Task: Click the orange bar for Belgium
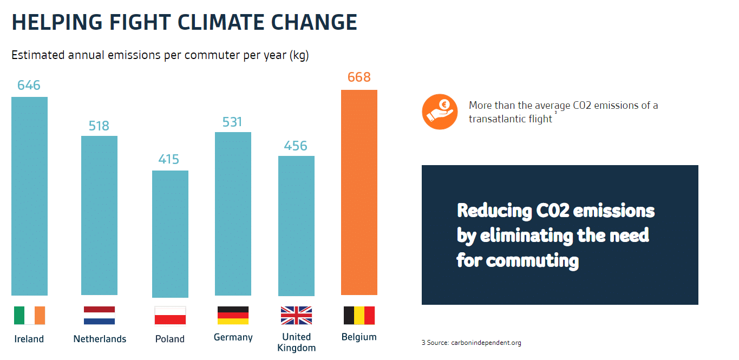click(x=359, y=192)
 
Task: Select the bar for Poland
click(x=170, y=234)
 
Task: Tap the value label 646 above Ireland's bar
click(x=29, y=85)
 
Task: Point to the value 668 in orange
click(x=359, y=77)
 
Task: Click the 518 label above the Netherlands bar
click(x=99, y=126)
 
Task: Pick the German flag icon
click(x=233, y=315)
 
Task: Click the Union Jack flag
click(x=296, y=315)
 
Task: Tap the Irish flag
click(x=29, y=315)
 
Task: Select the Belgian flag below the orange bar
click(x=359, y=315)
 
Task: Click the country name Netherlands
click(x=100, y=339)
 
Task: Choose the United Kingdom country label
click(x=296, y=342)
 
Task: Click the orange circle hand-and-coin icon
click(x=440, y=112)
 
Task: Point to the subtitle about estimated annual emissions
click(x=160, y=55)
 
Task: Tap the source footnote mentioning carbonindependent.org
click(x=471, y=343)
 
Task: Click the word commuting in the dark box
click(x=532, y=260)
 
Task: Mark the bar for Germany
click(x=233, y=214)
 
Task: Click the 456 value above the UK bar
click(x=296, y=146)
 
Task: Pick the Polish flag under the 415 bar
click(x=170, y=315)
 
